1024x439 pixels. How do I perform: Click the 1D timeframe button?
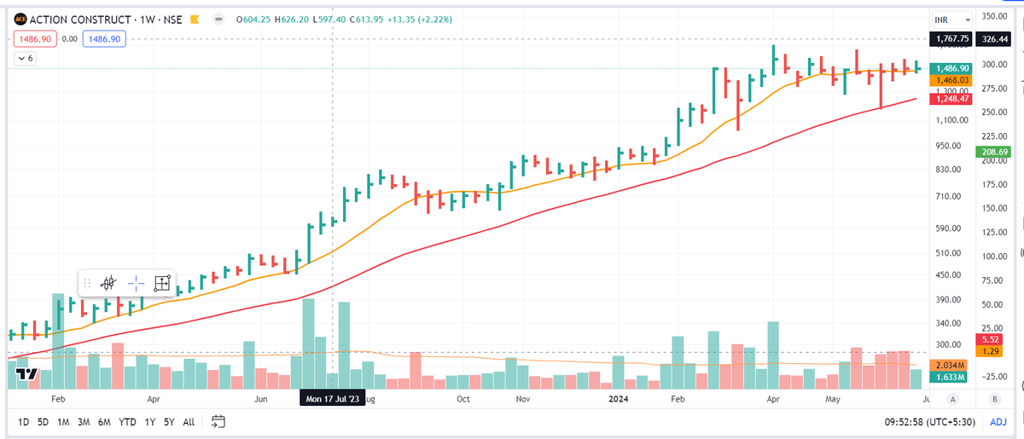(x=23, y=422)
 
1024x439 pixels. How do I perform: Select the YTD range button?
(x=128, y=422)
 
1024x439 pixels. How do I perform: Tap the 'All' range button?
(x=189, y=422)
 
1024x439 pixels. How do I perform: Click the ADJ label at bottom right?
(x=998, y=422)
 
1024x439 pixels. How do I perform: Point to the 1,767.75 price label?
(x=952, y=38)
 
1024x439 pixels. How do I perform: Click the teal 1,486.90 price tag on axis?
(x=952, y=68)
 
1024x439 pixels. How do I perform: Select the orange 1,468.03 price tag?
(x=952, y=80)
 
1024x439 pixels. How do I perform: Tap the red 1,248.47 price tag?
(x=952, y=99)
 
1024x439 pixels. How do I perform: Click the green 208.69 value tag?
(x=990, y=151)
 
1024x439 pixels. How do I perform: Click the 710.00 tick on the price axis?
(x=950, y=197)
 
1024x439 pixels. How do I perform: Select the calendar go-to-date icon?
(x=218, y=422)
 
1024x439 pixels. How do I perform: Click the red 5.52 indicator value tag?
(x=990, y=338)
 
